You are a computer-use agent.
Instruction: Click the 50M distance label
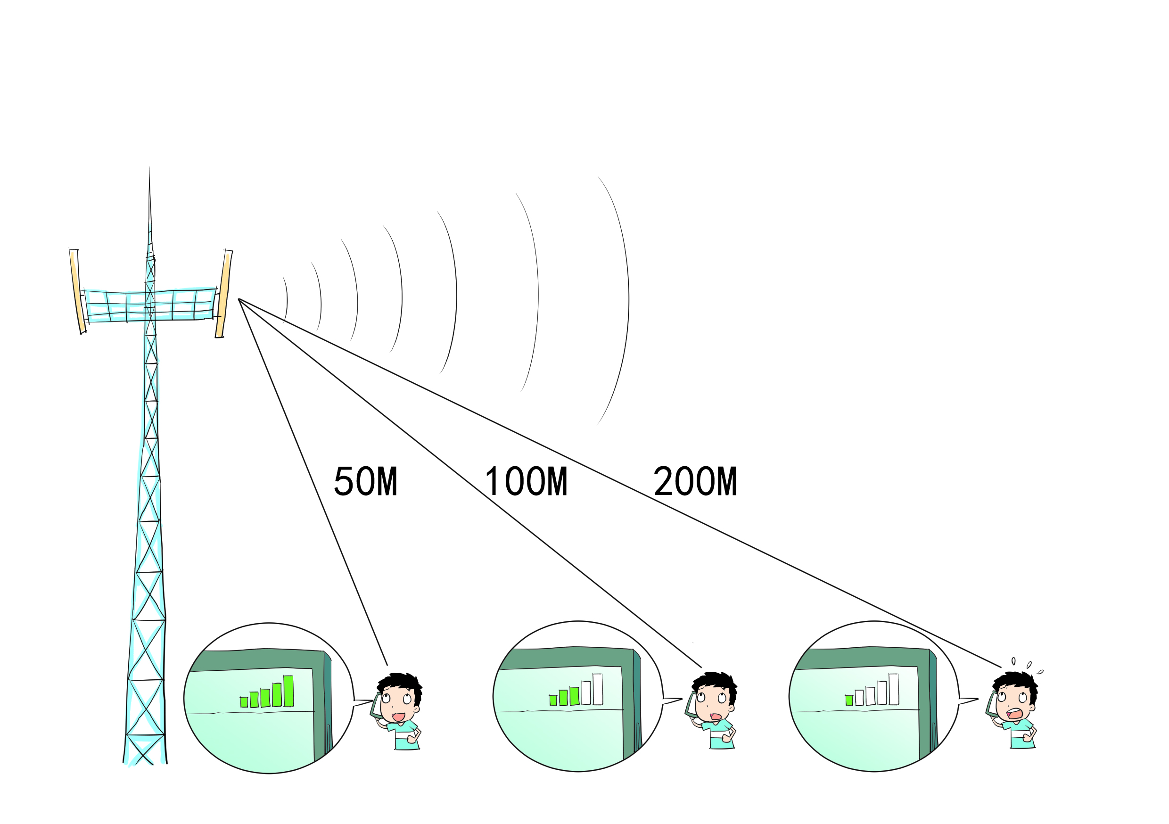[366, 481]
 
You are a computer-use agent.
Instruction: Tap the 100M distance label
[527, 481]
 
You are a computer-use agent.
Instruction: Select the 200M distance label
[695, 481]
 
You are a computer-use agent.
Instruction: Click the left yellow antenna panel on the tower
[77, 291]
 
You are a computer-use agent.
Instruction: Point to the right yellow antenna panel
[223, 293]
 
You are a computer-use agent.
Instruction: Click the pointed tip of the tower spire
[149, 167]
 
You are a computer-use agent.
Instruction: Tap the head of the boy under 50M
[400, 696]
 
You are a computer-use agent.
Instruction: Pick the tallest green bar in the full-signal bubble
[288, 691]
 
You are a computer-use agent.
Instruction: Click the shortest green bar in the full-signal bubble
[244, 702]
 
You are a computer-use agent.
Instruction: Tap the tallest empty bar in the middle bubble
[598, 689]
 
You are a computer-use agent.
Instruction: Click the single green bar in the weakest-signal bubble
[849, 700]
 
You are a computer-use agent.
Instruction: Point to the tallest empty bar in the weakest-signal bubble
[894, 689]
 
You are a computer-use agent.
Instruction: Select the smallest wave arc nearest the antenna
[287, 300]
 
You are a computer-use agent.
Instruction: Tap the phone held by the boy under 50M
[375, 706]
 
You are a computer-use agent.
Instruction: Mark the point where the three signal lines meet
[239, 299]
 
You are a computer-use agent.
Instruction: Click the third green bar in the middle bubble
[574, 696]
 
